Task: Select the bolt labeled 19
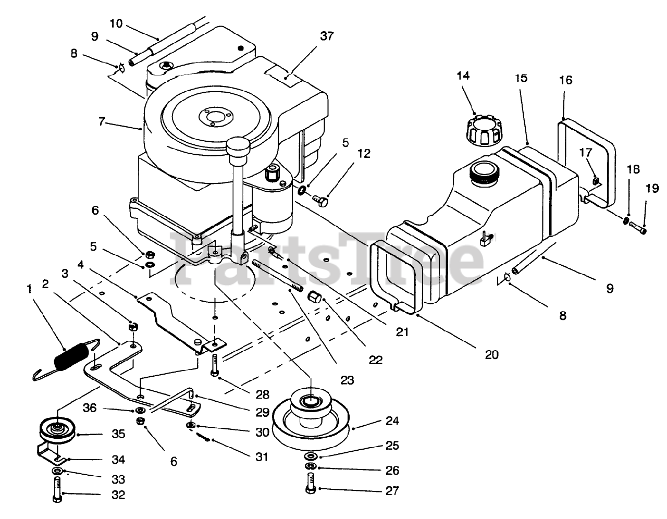pos(638,227)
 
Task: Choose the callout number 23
pos(348,380)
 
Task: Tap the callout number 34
pos(118,460)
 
